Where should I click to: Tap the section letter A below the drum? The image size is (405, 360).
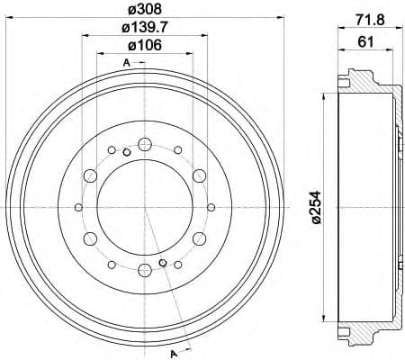click(x=172, y=350)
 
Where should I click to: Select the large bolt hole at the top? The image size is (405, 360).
click(x=145, y=142)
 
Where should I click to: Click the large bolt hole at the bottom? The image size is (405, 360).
click(x=145, y=271)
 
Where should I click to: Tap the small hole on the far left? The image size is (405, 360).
click(x=80, y=207)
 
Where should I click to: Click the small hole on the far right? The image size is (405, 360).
click(x=210, y=207)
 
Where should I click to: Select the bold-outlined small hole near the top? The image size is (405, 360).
click(x=127, y=151)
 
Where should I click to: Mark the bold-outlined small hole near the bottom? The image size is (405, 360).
click(x=163, y=262)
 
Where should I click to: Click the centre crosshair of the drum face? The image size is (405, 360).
click(x=145, y=207)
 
